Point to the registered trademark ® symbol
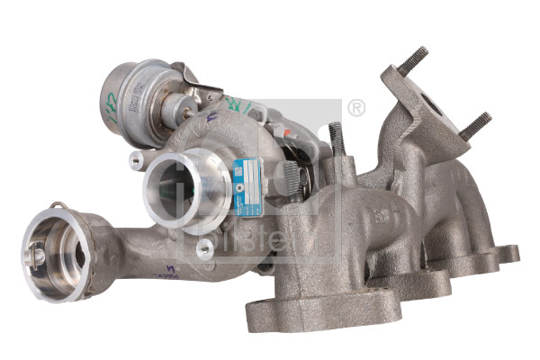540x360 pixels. (x=356, y=109)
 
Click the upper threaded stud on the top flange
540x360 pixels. (x=414, y=60)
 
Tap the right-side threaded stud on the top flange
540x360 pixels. (x=474, y=126)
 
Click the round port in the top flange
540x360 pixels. (x=432, y=107)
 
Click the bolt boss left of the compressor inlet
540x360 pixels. (x=136, y=160)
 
